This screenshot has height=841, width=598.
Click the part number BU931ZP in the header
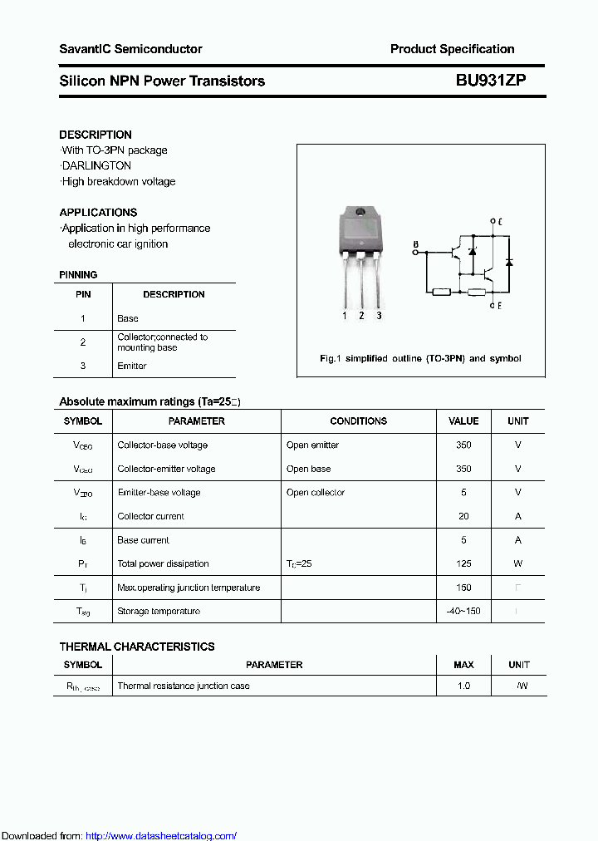490,81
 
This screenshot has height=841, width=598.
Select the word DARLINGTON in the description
96,166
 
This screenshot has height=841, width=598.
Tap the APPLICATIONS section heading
98,213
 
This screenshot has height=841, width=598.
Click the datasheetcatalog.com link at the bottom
161,836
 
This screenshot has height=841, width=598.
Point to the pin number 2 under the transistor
361,316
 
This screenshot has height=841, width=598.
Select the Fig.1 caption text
420,359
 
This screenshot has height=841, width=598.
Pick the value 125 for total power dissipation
463,564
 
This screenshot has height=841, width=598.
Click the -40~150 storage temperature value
463,612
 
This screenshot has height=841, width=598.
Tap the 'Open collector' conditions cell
316,493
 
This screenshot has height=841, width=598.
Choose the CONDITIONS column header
358,421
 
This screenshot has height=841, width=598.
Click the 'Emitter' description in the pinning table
132,366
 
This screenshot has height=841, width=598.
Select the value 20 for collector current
463,517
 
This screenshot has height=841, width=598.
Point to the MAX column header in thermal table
463,665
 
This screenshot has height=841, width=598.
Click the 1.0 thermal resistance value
463,686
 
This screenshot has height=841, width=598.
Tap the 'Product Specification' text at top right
452,49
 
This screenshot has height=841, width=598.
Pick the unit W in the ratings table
518,564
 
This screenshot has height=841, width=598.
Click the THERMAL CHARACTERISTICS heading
137,647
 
